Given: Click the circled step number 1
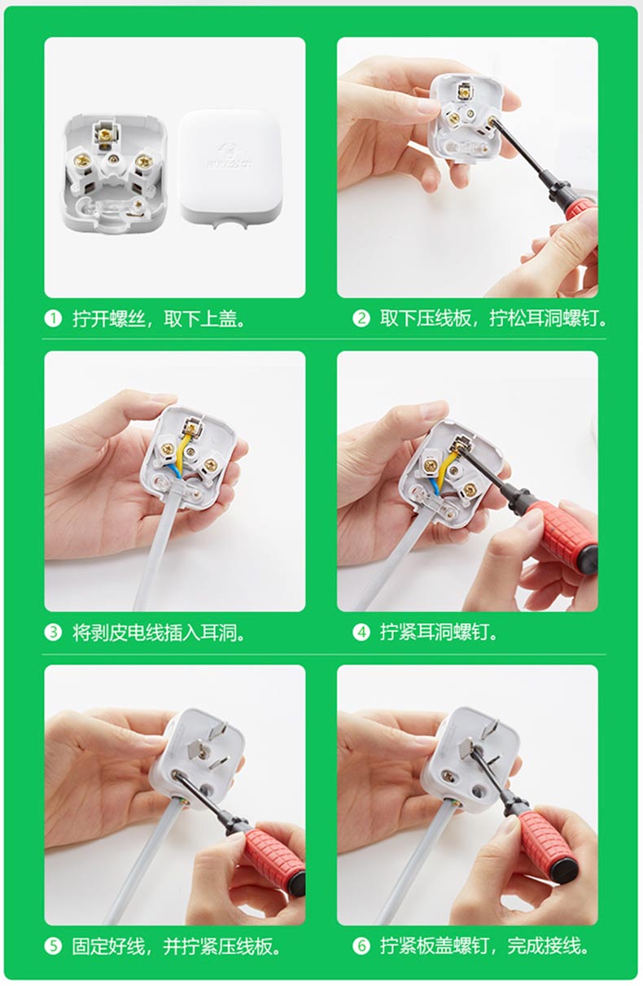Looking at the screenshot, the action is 53,318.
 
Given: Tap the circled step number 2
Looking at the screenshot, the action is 361,318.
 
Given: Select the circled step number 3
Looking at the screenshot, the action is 53,633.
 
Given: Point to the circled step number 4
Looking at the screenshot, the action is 361,633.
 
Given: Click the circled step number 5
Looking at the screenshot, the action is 53,946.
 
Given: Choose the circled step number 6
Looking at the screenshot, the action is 361,946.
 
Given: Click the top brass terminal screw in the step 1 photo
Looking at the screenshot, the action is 105,133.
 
